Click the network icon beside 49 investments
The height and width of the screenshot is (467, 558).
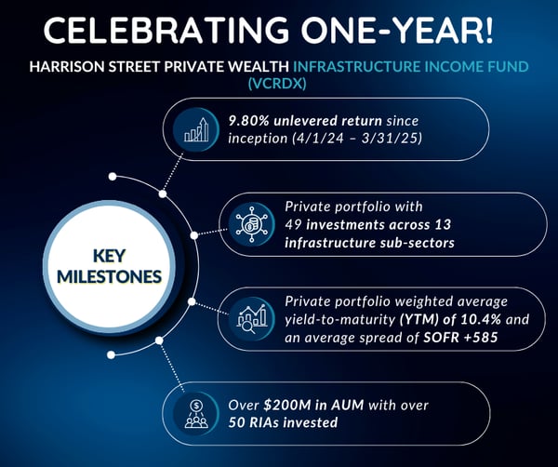pyautogui.click(x=252, y=224)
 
